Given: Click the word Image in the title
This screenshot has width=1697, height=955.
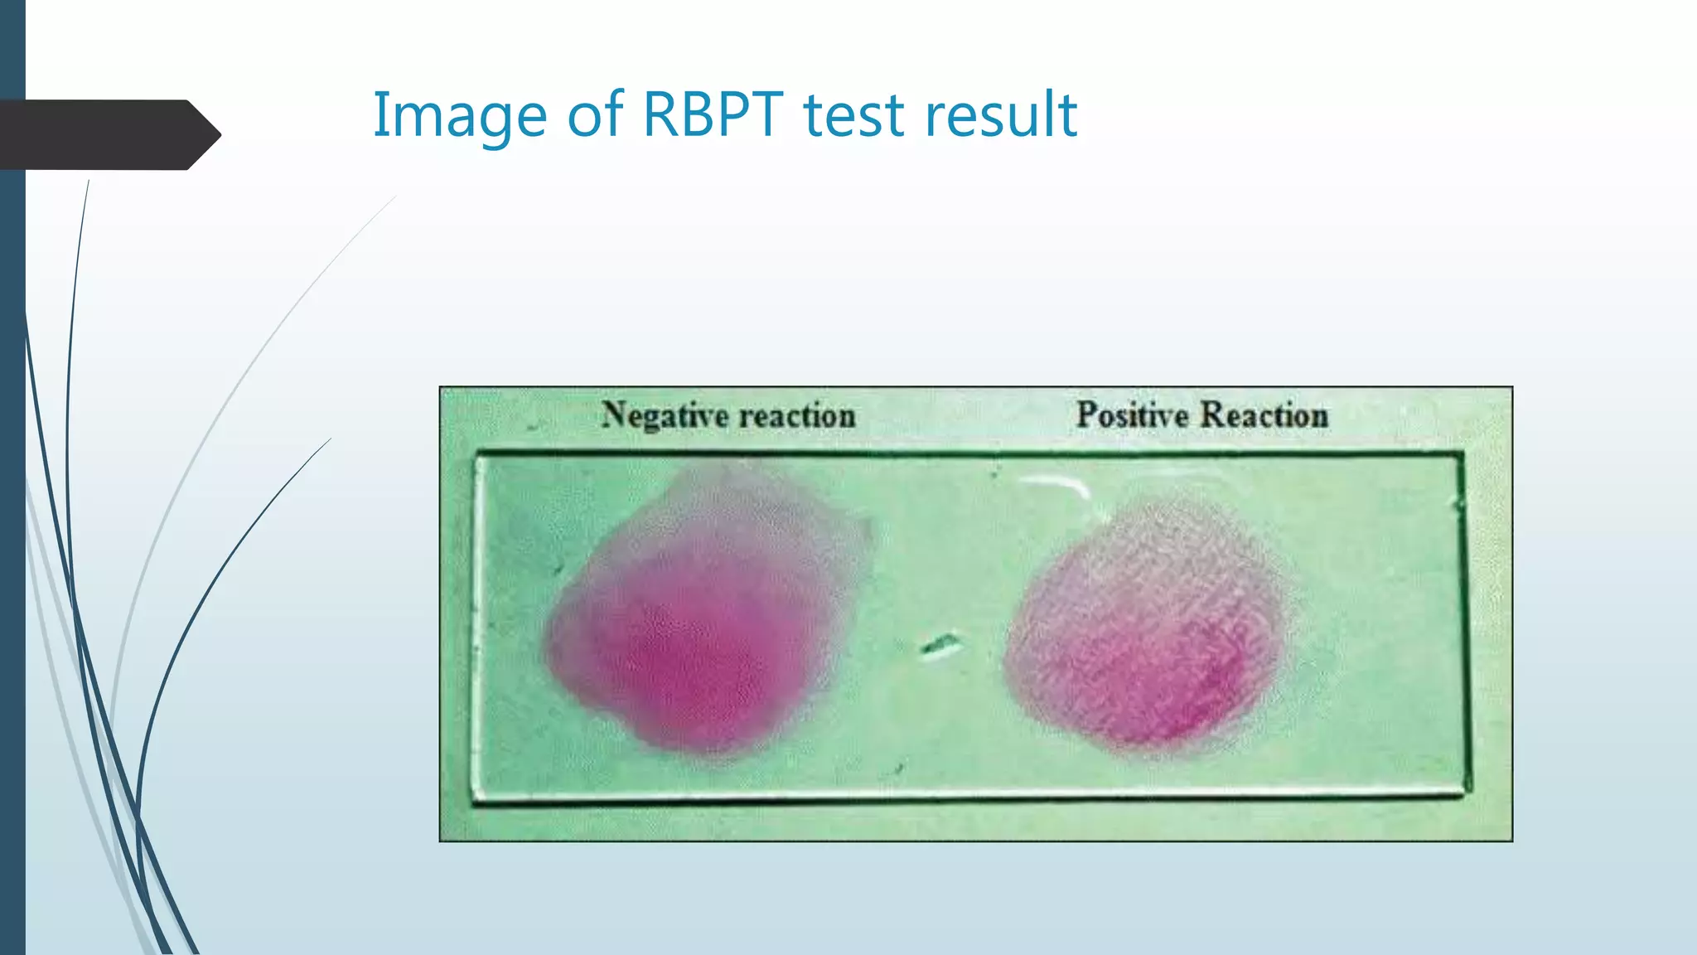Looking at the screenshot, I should [459, 116].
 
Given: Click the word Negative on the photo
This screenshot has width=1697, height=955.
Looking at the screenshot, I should [665, 415].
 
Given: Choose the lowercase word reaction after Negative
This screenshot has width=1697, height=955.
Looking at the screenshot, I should [797, 415].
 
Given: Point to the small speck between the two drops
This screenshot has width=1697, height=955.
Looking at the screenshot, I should [940, 643].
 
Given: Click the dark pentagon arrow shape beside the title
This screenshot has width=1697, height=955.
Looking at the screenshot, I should [108, 134].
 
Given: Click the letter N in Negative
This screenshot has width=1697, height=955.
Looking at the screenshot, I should [613, 414].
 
